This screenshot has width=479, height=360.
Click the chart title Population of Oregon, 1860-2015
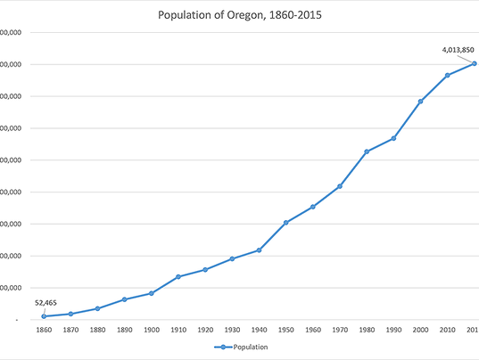click(x=239, y=15)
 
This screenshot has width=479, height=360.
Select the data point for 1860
click(x=43, y=316)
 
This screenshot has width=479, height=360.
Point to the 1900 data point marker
click(x=151, y=293)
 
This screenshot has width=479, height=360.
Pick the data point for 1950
click(x=285, y=222)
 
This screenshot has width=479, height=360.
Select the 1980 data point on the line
click(x=367, y=151)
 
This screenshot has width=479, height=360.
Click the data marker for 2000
click(x=420, y=101)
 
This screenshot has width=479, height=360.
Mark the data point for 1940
click(x=259, y=250)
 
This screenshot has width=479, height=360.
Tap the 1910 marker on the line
click(x=178, y=277)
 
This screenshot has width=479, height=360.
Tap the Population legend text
click(x=251, y=348)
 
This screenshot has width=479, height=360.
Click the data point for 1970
click(x=340, y=186)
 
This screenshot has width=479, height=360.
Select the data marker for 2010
click(x=447, y=75)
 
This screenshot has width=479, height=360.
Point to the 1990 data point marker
click(x=393, y=138)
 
